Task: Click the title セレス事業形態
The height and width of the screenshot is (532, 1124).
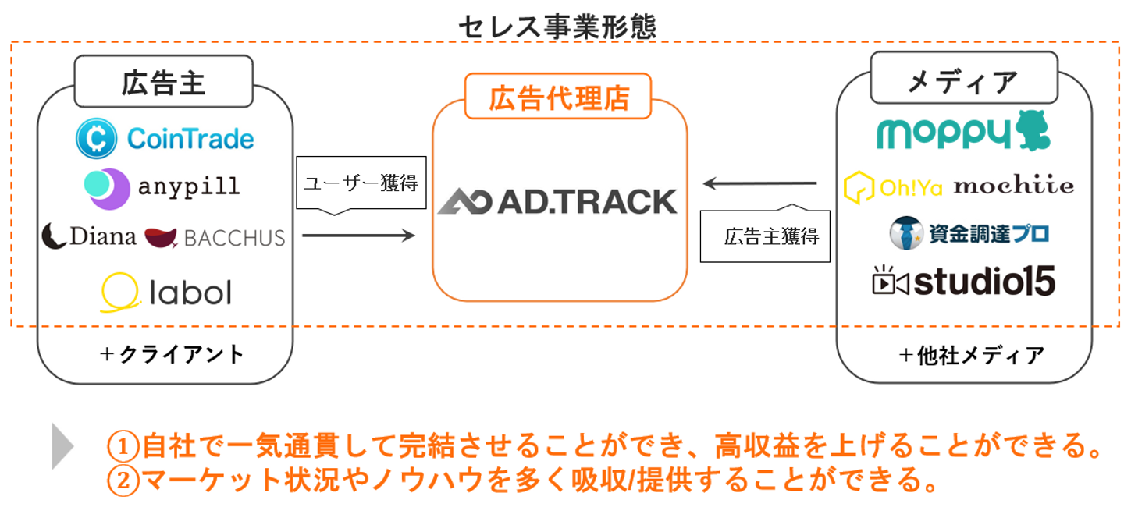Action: (x=557, y=27)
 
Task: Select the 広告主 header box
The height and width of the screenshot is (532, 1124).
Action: (x=163, y=82)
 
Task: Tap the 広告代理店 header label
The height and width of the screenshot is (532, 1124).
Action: (x=557, y=98)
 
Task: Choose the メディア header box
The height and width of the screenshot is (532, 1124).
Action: (x=964, y=80)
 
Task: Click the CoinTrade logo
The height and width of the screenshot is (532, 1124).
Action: (x=165, y=139)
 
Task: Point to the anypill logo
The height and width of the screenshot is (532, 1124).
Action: (x=162, y=188)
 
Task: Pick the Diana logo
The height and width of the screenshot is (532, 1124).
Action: (x=89, y=236)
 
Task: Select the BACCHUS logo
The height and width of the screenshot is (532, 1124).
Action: (x=215, y=237)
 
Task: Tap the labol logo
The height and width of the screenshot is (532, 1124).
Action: (x=165, y=293)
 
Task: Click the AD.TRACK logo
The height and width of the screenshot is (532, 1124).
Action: (x=557, y=201)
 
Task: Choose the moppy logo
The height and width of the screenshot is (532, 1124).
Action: (x=963, y=132)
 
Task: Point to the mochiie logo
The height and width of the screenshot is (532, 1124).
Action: (x=1013, y=186)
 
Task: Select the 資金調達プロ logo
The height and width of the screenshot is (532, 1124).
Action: (x=969, y=232)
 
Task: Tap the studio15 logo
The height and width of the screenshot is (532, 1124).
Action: (x=964, y=282)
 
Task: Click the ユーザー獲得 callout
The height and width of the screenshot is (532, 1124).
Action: (x=361, y=184)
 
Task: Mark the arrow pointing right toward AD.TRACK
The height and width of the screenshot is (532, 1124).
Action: (x=358, y=235)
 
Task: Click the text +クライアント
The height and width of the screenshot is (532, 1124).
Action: (x=173, y=354)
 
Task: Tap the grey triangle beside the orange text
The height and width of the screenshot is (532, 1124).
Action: (x=62, y=447)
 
